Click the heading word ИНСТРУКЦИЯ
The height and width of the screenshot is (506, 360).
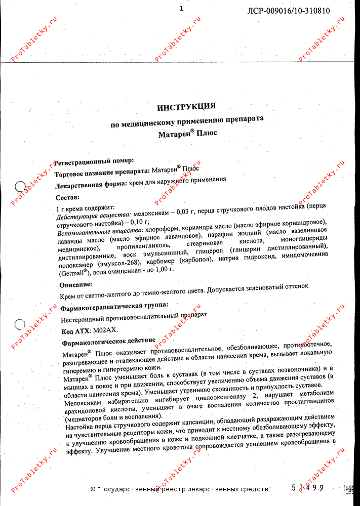pyautogui.click(x=186, y=107)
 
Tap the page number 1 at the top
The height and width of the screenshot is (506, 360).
pyautogui.click(x=181, y=8)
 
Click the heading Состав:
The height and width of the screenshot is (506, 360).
pyautogui.click(x=67, y=197)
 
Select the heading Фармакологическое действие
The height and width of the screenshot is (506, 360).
pyautogui.click(x=108, y=343)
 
